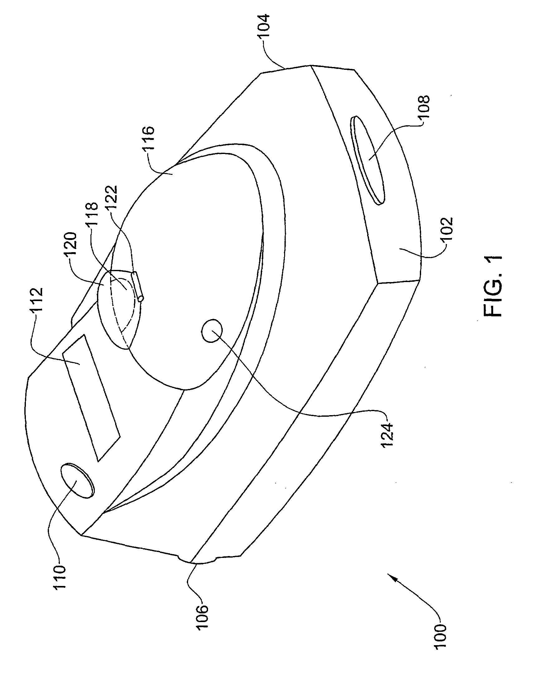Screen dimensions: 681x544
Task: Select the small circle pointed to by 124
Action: pos(212,330)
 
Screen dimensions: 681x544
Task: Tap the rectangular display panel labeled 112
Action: pos(91,396)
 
